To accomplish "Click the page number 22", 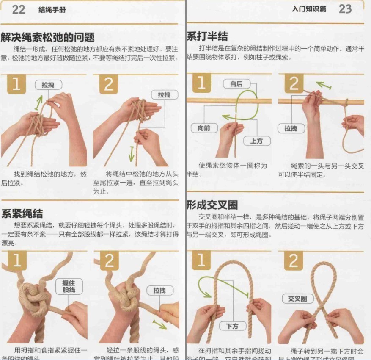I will [18, 9].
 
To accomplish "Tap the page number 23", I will [345, 9].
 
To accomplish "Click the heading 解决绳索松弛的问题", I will [47, 37].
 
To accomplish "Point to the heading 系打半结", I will [207, 36].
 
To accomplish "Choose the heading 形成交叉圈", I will [212, 205].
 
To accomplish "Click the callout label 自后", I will [236, 84].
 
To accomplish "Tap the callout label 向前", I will [204, 127].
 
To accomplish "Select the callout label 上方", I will [256, 141].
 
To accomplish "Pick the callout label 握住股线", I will [69, 287].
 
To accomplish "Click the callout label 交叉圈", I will [297, 299].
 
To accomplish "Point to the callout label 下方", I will [232, 326].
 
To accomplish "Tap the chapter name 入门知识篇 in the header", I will [309, 9].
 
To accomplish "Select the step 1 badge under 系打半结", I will [201, 83].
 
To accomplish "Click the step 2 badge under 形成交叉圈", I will [294, 260].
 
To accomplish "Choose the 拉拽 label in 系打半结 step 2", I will [291, 128].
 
